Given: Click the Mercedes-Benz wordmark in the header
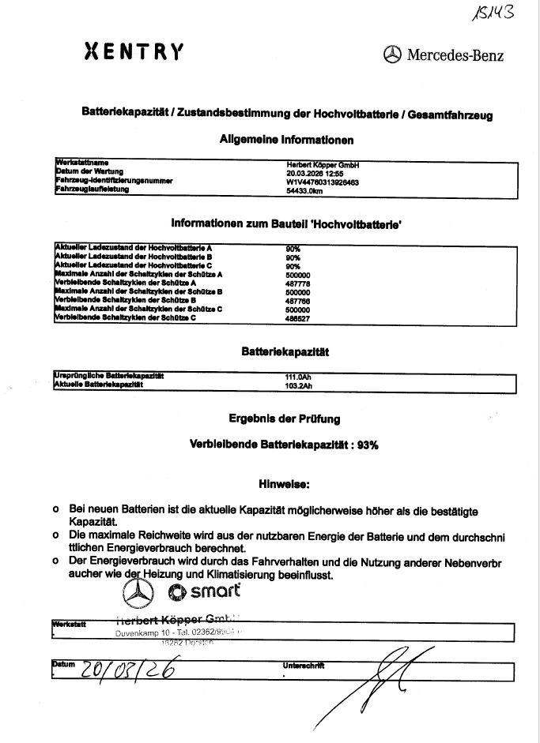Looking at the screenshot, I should [x=455, y=54].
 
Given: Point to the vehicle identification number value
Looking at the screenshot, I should [x=323, y=181].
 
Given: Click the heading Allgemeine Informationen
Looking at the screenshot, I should [x=285, y=140].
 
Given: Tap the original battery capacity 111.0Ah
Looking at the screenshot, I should [x=296, y=377].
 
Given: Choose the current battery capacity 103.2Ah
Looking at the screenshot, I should [x=296, y=385].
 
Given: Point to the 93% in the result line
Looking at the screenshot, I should [x=368, y=445].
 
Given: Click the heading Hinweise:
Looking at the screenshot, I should [x=285, y=482].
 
